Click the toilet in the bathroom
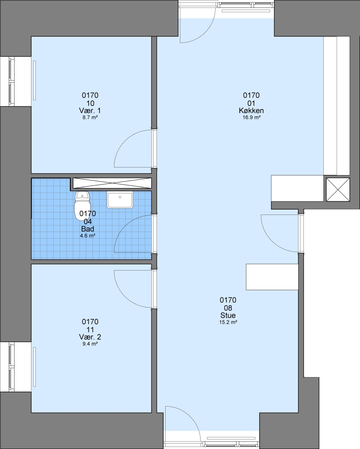pyautogui.click(x=82, y=206)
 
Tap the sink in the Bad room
pyautogui.click(x=120, y=200)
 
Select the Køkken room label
pyautogui.click(x=251, y=111)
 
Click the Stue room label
pyautogui.click(x=228, y=315)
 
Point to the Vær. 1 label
pyautogui.click(x=90, y=111)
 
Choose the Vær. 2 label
pyautogui.click(x=90, y=337)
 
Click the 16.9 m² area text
pyautogui.click(x=251, y=117)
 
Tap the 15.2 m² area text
pyautogui.click(x=228, y=322)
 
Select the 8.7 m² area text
pyautogui.click(x=90, y=117)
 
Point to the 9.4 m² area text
pyautogui.click(x=90, y=344)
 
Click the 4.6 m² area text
pyautogui.click(x=88, y=236)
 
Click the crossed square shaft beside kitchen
pyautogui.click(x=338, y=190)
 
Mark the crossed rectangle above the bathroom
pyautogui.click(x=112, y=183)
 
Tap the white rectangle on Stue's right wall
pyautogui.click(x=272, y=277)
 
